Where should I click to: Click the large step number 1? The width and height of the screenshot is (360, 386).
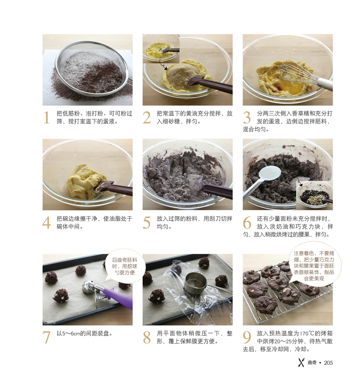pyautogui.click(x=47, y=118)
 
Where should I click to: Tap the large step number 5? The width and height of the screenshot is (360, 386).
pyautogui.click(x=147, y=223)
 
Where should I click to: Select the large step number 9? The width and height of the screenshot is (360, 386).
pyautogui.click(x=247, y=337)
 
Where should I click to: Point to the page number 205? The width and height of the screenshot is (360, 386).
pyautogui.click(x=328, y=363)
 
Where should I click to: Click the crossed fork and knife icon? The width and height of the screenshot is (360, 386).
pyautogui.click(x=301, y=363)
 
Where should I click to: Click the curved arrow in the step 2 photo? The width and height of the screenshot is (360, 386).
pyautogui.click(x=163, y=64)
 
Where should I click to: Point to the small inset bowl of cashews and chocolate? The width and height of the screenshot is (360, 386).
pyautogui.click(x=314, y=195)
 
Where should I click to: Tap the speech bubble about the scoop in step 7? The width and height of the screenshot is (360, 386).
pyautogui.click(x=125, y=267)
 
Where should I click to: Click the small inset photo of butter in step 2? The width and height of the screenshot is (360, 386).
pyautogui.click(x=161, y=49)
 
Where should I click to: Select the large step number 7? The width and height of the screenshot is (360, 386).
pyautogui.click(x=46, y=337)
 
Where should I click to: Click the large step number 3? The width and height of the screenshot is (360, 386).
pyautogui.click(x=247, y=118)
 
